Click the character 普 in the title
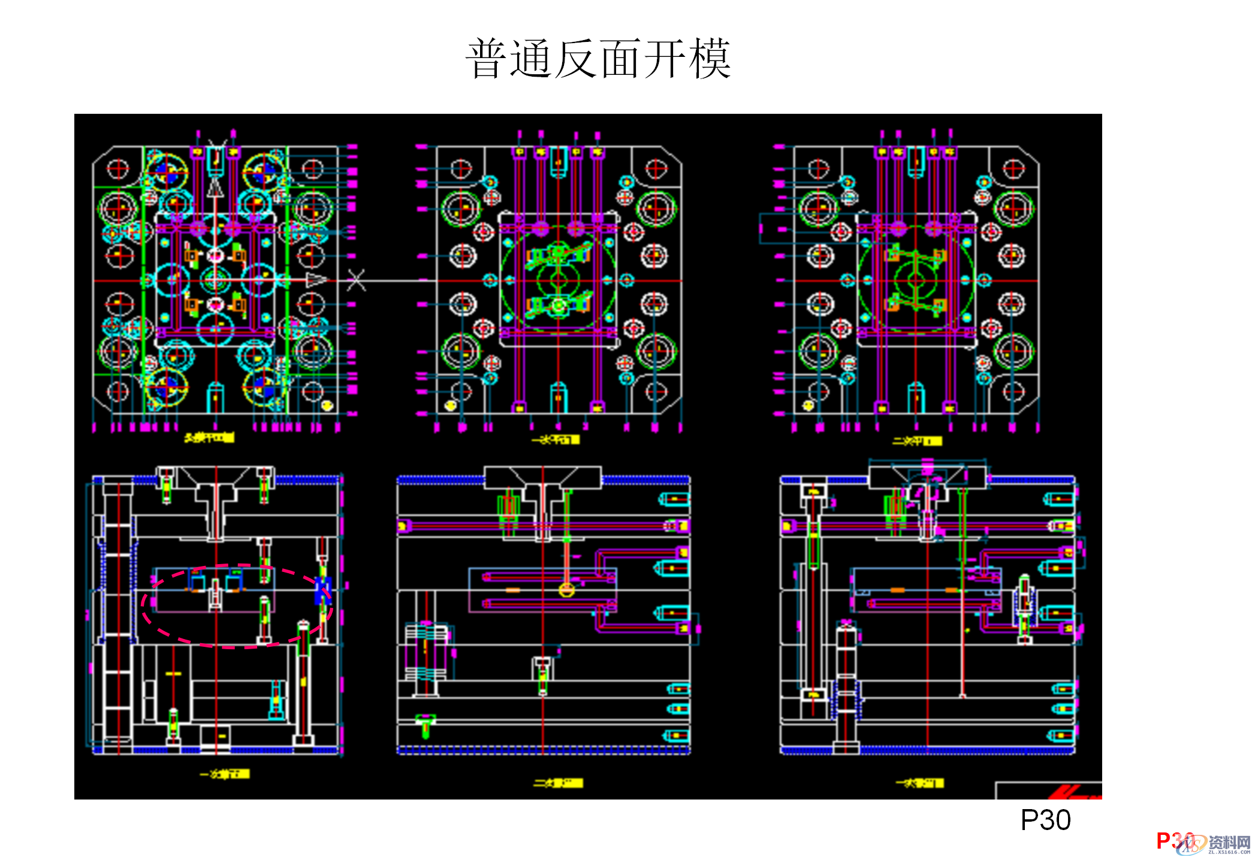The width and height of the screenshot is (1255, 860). point(486,59)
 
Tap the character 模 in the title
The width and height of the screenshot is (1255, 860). point(710,59)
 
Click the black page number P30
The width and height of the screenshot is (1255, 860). point(1045,820)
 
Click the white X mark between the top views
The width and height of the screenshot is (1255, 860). point(356,280)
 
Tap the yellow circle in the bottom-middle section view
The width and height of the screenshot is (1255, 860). point(566,590)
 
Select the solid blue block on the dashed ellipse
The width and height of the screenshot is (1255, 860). point(323,589)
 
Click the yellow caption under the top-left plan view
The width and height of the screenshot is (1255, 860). point(209,438)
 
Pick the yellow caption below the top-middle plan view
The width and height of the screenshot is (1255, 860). point(556,440)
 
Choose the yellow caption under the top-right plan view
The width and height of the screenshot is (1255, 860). point(916,441)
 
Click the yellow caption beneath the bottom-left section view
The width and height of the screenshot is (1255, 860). point(225,774)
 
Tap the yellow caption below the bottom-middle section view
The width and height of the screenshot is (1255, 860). point(558,783)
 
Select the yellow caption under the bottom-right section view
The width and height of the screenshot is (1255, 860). point(919,783)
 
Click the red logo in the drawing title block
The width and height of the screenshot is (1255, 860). point(1073,792)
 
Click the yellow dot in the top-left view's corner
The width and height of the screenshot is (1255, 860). point(327,405)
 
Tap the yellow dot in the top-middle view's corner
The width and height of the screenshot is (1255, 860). point(451,405)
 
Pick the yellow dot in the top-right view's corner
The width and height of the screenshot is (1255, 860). point(808,405)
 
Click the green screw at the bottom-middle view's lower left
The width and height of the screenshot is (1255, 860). point(426,725)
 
